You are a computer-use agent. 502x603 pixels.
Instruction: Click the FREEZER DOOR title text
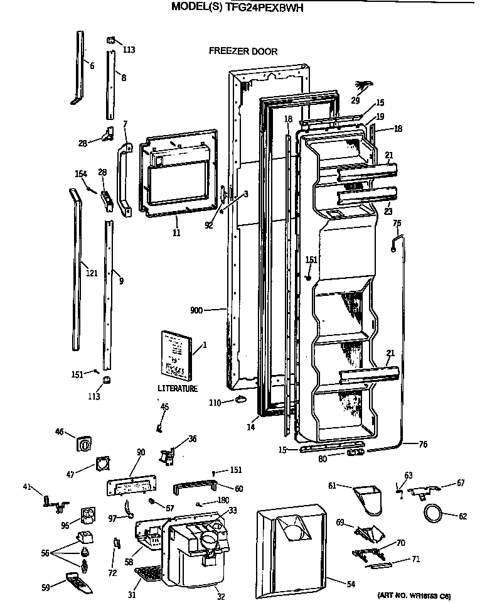(x=243, y=52)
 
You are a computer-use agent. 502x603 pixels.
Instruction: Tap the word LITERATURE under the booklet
(x=178, y=389)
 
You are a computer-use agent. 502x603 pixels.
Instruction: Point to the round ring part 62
(x=433, y=513)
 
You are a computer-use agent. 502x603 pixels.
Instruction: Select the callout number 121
(x=92, y=273)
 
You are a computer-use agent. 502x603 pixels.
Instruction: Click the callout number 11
(x=176, y=233)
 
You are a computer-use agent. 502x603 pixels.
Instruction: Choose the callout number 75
(x=397, y=223)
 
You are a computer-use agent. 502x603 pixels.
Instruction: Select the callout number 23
(x=388, y=212)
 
